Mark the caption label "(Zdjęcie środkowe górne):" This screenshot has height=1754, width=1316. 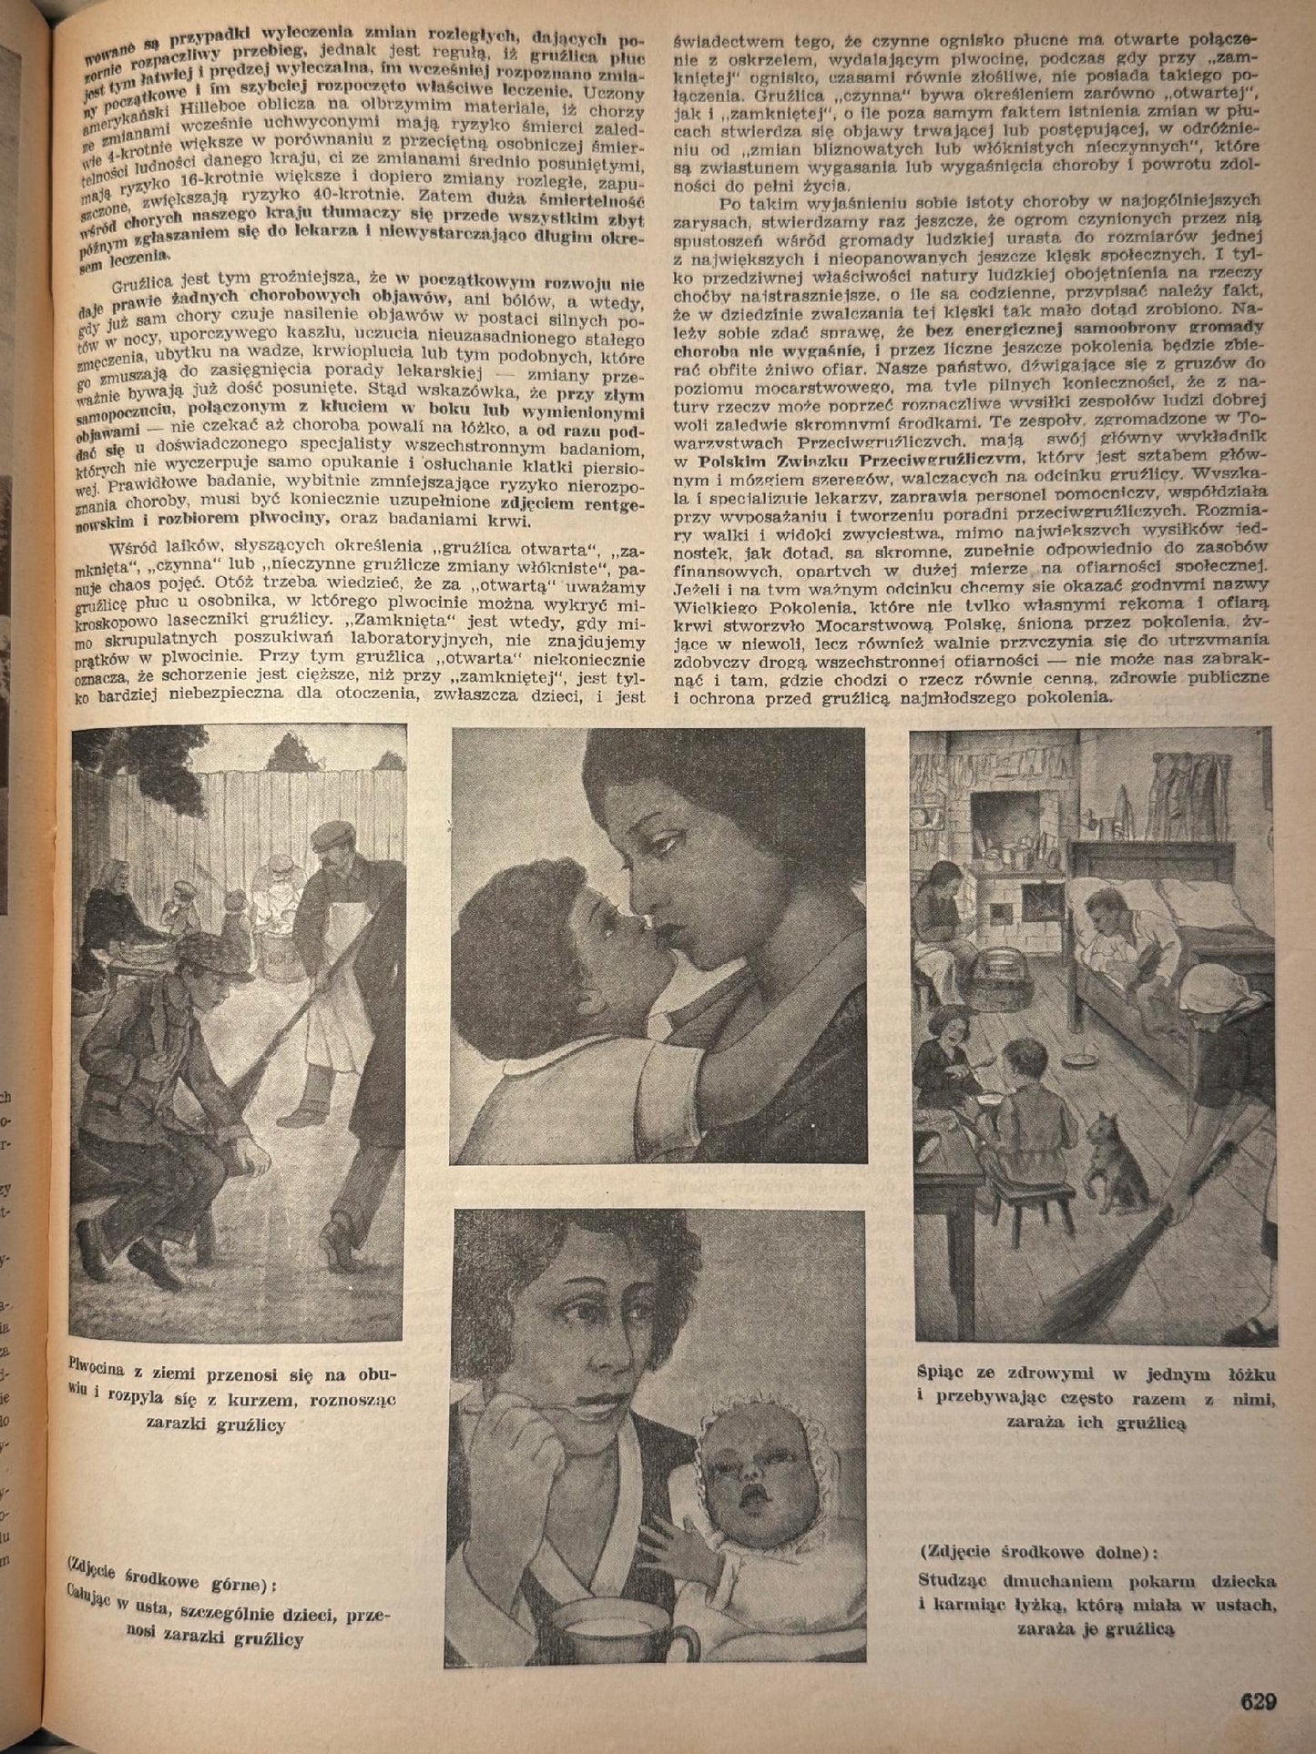coord(172,1586)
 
